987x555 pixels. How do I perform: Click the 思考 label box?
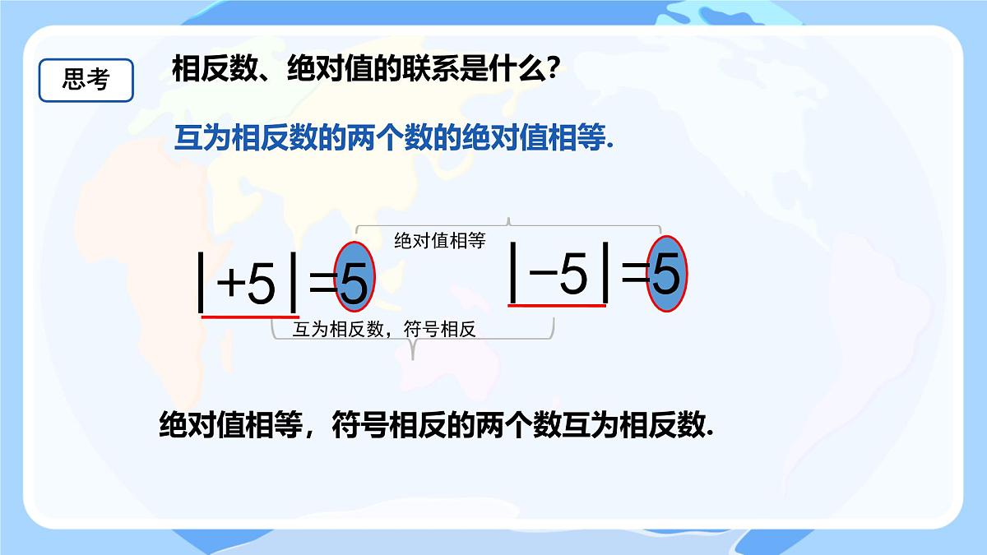coord(86,80)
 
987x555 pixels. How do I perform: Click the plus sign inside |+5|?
coord(231,284)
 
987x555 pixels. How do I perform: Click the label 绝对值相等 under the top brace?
coord(440,241)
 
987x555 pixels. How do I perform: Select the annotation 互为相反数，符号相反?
coord(385,330)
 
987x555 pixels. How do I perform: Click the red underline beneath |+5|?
coord(250,317)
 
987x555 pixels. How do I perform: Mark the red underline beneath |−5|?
coord(558,305)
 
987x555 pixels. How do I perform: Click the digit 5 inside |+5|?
coord(261,284)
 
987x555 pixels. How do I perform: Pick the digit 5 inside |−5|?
coord(574,273)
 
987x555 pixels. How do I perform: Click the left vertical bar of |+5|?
coord(202,284)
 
